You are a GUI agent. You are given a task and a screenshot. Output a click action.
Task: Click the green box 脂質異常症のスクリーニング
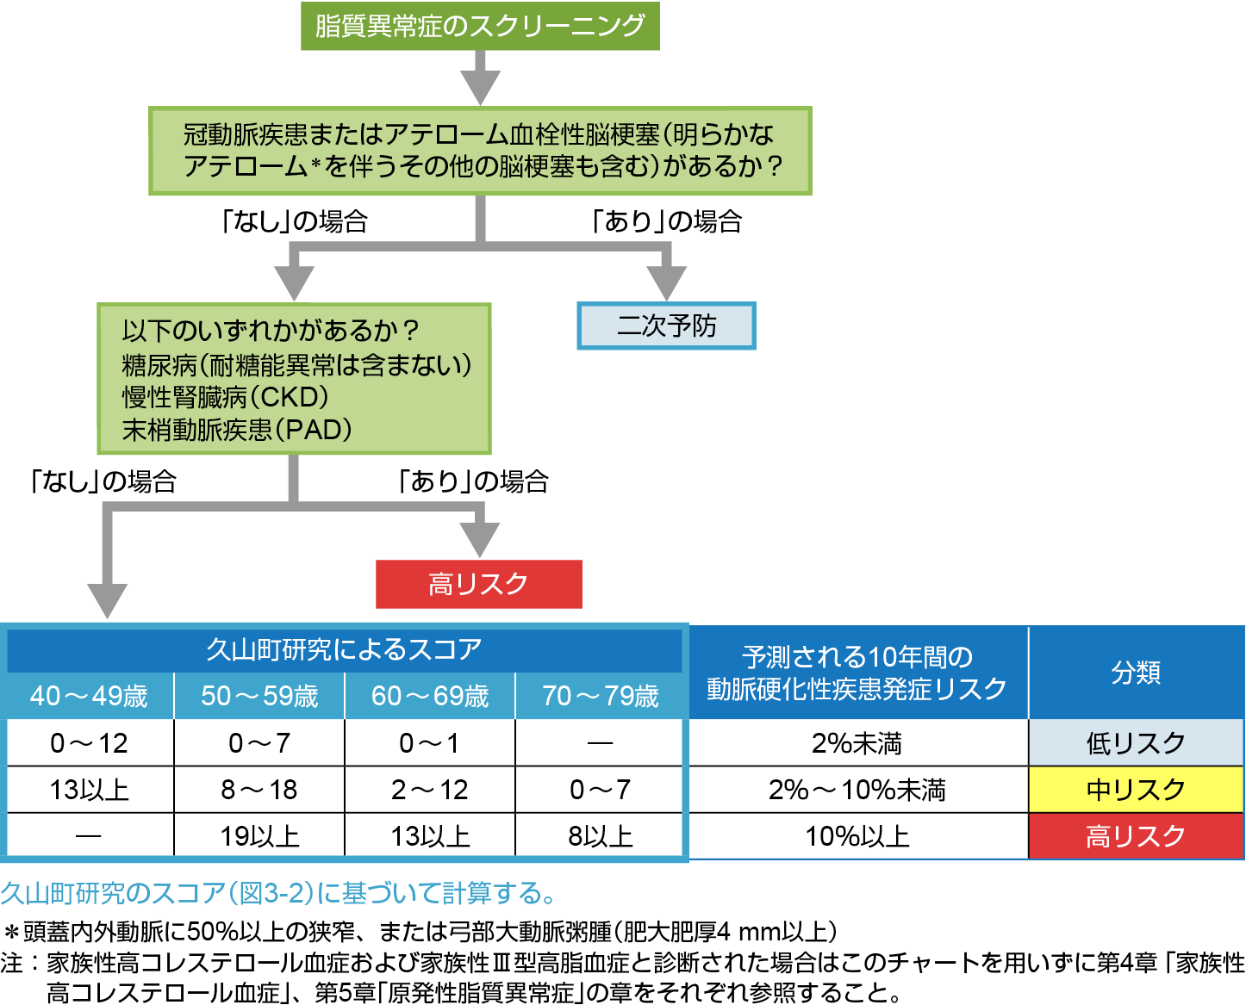(480, 26)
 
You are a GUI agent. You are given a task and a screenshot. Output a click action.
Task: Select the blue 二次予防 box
(666, 326)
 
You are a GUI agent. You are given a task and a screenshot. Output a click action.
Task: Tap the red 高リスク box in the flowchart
(478, 585)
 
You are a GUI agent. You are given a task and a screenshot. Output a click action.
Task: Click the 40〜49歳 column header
(90, 696)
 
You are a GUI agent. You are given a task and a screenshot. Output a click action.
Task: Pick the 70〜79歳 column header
(601, 696)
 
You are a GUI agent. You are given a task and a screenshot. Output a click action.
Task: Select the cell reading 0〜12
(90, 743)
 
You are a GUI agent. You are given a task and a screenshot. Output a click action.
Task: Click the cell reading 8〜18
(259, 790)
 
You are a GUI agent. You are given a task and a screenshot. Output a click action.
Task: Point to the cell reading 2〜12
(430, 790)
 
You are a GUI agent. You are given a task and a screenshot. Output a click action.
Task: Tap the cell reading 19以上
(259, 836)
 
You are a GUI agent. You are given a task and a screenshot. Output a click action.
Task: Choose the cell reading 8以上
(601, 836)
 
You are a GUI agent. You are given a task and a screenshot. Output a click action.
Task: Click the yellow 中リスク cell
(1136, 790)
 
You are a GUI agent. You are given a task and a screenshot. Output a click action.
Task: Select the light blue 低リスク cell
(1136, 743)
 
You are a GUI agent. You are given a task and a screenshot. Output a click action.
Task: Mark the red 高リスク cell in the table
(1136, 836)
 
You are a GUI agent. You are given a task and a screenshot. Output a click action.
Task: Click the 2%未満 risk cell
(857, 743)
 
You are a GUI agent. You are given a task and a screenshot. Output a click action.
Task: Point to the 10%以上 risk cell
(857, 836)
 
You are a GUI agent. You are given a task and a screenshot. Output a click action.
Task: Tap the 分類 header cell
(1136, 673)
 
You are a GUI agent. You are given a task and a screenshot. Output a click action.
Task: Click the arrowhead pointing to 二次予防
(666, 282)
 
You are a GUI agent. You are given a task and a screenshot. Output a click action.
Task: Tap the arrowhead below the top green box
(480, 86)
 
